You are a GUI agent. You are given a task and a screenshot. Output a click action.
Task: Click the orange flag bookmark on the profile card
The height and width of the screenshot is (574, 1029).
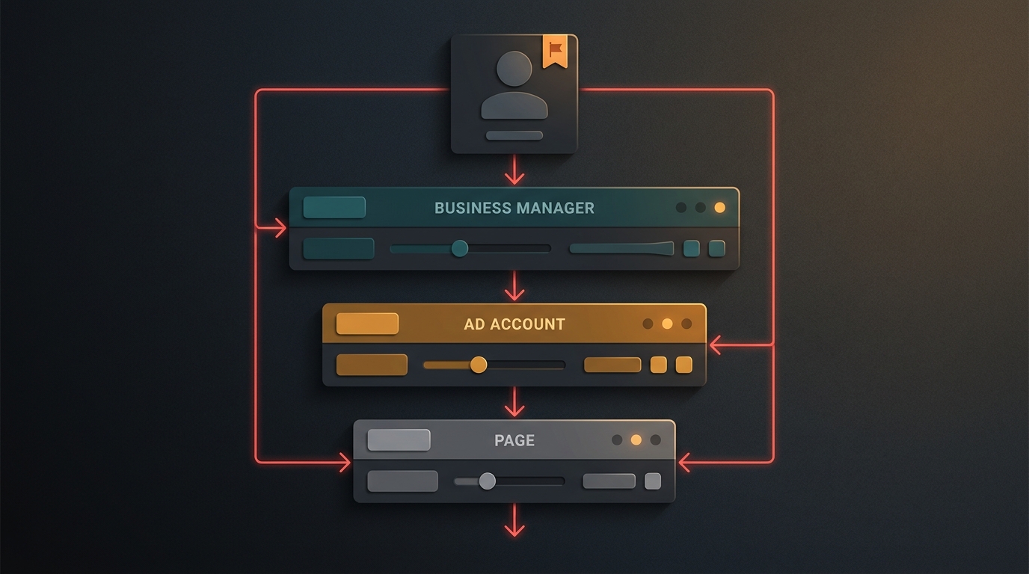[x=555, y=51]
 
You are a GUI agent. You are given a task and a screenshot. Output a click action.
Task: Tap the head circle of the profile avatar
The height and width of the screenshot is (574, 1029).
[x=514, y=69]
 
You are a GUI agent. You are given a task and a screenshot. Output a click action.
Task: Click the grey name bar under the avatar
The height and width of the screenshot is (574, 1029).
[x=514, y=135]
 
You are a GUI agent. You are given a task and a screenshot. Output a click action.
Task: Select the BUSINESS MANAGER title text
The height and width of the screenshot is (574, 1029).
[x=514, y=208]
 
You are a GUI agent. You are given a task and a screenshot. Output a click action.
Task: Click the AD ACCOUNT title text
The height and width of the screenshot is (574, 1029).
[x=514, y=324]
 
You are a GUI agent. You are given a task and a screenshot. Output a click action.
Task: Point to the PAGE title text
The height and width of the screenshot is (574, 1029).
[x=514, y=440]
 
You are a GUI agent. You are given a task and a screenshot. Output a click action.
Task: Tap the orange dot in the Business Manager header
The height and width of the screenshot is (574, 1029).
[x=720, y=208]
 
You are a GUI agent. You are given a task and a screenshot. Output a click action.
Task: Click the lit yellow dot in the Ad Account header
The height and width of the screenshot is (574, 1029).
[x=667, y=324]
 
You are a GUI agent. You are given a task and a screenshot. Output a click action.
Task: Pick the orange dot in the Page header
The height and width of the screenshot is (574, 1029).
[x=636, y=440]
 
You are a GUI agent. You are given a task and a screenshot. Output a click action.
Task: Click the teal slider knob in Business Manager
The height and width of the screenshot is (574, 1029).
[x=459, y=248]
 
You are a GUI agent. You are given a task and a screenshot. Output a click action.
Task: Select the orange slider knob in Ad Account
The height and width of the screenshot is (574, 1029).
[x=478, y=365]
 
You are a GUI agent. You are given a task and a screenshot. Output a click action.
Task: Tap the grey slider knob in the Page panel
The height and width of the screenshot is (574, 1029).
[x=488, y=481]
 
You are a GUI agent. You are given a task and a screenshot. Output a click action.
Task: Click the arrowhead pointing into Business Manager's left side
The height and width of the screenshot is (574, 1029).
[x=280, y=228]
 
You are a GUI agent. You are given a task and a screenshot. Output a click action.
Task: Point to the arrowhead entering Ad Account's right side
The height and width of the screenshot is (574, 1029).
[x=715, y=345]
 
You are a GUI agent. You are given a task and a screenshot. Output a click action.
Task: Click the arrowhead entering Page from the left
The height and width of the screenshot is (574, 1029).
[x=345, y=462]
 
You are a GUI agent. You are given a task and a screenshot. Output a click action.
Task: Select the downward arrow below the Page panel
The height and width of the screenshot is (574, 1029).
[x=514, y=520]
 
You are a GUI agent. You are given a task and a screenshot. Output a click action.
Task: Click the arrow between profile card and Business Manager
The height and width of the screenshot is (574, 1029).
[x=514, y=170]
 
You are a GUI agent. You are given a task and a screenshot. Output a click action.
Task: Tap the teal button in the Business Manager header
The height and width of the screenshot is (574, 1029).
[x=334, y=207]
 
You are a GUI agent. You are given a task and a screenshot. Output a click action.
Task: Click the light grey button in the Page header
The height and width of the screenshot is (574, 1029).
[x=399, y=440]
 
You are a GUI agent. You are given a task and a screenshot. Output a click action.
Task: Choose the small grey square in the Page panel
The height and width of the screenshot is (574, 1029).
[x=653, y=481]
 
